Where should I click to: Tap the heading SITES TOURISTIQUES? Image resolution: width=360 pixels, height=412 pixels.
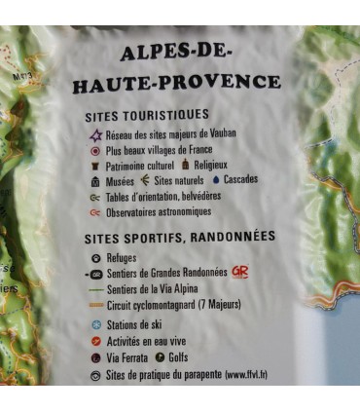(160, 115)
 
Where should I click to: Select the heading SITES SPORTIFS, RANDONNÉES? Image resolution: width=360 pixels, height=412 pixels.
(180, 237)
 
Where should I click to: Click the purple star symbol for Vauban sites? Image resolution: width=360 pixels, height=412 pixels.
(95, 134)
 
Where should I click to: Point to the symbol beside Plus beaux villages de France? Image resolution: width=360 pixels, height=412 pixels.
(95, 151)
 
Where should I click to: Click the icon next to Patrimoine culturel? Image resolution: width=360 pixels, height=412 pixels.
(95, 166)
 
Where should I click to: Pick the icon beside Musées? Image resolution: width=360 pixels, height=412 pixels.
(95, 181)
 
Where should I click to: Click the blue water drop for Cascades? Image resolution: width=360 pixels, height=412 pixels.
(215, 179)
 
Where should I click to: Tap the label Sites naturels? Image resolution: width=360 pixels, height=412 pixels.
(176, 180)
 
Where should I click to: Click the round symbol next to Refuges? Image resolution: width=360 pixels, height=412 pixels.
(95, 258)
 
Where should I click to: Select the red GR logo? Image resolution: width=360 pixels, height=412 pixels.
(239, 272)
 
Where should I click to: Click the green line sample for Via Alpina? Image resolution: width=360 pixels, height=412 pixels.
(94, 289)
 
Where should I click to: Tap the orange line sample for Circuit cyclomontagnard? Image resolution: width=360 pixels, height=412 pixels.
(94, 305)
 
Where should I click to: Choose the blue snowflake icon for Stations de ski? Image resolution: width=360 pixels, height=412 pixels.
(95, 324)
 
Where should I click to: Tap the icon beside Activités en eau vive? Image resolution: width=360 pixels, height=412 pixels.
(95, 341)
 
